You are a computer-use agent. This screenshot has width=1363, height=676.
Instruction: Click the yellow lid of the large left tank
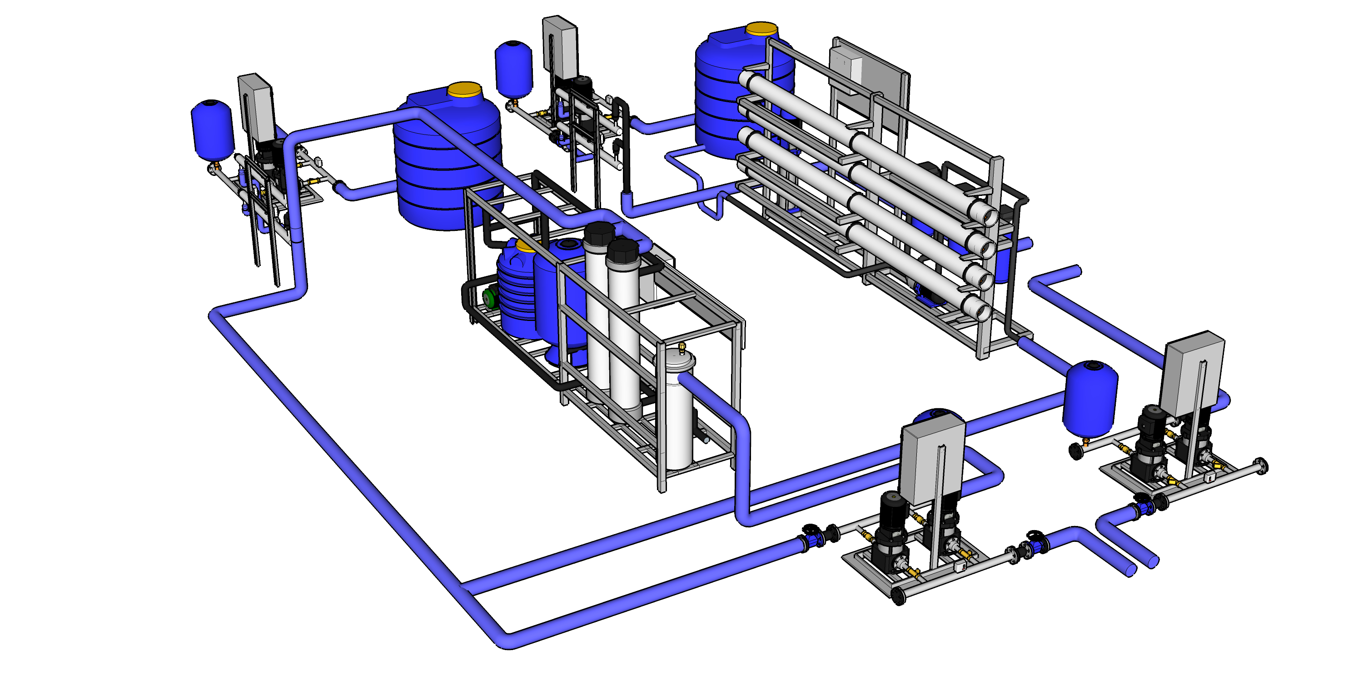464,90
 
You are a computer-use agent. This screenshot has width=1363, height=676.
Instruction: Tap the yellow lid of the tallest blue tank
761,29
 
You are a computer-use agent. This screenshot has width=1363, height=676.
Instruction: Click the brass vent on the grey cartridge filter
681,347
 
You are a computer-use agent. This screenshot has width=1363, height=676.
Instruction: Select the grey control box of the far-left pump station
255,104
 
